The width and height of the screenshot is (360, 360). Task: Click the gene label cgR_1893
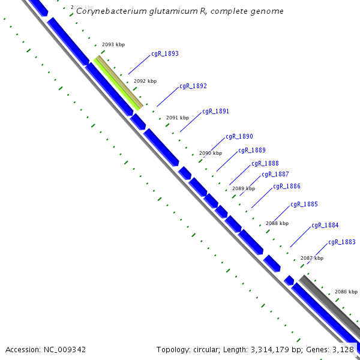click(164, 53)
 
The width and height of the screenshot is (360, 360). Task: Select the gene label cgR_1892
click(193, 86)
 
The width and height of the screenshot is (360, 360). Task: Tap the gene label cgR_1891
click(215, 112)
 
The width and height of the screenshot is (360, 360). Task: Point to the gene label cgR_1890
click(239, 137)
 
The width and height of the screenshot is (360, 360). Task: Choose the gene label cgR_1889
click(252, 151)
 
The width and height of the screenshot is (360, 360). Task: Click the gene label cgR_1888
click(265, 163)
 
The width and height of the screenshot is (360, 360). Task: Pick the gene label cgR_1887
click(275, 175)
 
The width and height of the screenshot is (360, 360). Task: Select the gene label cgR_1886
click(287, 187)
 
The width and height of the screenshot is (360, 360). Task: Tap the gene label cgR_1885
click(304, 205)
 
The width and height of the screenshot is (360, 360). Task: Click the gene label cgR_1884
click(325, 226)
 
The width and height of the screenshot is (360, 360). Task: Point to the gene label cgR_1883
click(342, 242)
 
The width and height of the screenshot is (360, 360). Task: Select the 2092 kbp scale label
click(145, 81)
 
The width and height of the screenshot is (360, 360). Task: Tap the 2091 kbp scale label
click(178, 117)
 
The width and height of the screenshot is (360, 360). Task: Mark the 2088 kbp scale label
click(277, 223)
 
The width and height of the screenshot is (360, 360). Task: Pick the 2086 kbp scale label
click(346, 291)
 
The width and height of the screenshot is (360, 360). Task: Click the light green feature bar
click(116, 84)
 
